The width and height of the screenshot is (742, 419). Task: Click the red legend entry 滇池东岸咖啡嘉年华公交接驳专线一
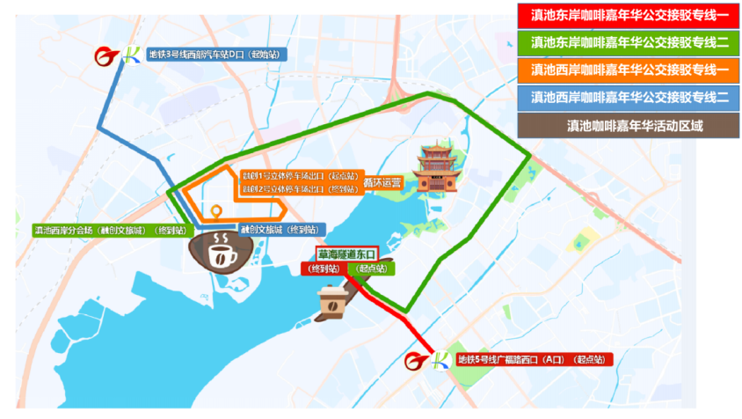tap(625, 16)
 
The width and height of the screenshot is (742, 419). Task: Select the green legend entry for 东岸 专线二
tap(625, 43)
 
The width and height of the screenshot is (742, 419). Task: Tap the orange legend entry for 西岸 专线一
tap(625, 70)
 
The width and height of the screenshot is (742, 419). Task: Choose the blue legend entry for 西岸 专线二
tap(625, 98)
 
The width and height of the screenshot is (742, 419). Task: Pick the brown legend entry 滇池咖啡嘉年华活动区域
tap(625, 125)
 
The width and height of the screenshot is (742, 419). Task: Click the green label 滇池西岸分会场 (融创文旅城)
tap(111, 231)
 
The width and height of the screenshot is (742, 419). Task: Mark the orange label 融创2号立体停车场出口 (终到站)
tap(301, 189)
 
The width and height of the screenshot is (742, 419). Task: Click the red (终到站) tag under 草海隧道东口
tap(326, 268)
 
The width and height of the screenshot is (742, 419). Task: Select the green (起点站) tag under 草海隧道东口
tap(375, 268)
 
